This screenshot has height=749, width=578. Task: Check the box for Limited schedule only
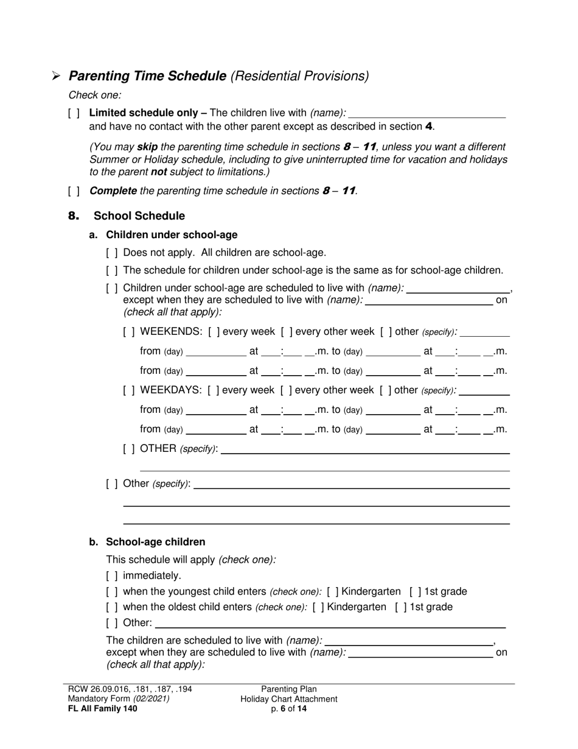(74, 113)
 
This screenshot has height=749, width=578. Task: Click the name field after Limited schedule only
(427, 113)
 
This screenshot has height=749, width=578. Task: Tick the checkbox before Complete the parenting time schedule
(74, 191)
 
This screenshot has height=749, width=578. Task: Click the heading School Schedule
(139, 216)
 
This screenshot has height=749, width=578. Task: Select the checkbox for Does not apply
(112, 253)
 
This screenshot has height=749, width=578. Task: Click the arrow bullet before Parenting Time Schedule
(56, 76)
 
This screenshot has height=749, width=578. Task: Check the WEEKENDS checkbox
(129, 332)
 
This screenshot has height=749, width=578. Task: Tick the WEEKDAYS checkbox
(129, 390)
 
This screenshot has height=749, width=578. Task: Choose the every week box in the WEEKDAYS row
(214, 390)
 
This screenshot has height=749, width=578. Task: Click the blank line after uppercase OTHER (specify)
(365, 449)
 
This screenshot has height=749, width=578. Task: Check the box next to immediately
(112, 575)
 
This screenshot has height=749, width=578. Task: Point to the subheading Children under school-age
(172, 235)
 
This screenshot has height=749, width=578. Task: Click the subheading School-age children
(155, 542)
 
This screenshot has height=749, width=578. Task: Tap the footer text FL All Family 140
(103, 708)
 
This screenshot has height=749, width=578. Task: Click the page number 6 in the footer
(283, 708)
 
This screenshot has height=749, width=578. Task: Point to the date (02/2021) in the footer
(151, 698)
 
